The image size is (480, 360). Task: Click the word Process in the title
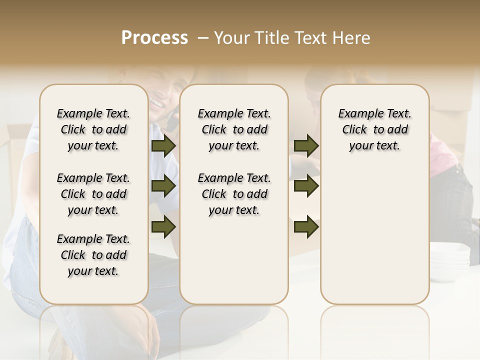pyautogui.click(x=154, y=38)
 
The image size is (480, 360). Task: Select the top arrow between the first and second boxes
pyautogui.click(x=163, y=146)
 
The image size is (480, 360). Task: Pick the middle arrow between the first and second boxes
pyautogui.click(x=163, y=186)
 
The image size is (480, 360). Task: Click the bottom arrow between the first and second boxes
pyautogui.click(x=163, y=226)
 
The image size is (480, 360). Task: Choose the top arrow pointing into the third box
pyautogui.click(x=306, y=146)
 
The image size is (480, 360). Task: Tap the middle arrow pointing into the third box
pyautogui.click(x=306, y=186)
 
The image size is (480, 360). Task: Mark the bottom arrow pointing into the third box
pyautogui.click(x=306, y=226)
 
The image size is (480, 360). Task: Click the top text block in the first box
pyautogui.click(x=93, y=129)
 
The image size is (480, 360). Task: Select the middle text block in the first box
pyautogui.click(x=93, y=194)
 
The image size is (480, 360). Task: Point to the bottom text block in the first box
pyautogui.click(x=93, y=255)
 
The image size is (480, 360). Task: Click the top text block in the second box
pyautogui.click(x=234, y=129)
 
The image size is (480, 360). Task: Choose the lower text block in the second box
pyautogui.click(x=234, y=194)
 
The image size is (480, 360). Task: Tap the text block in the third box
pyautogui.click(x=374, y=129)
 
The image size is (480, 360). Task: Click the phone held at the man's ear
pyautogui.click(x=172, y=120)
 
